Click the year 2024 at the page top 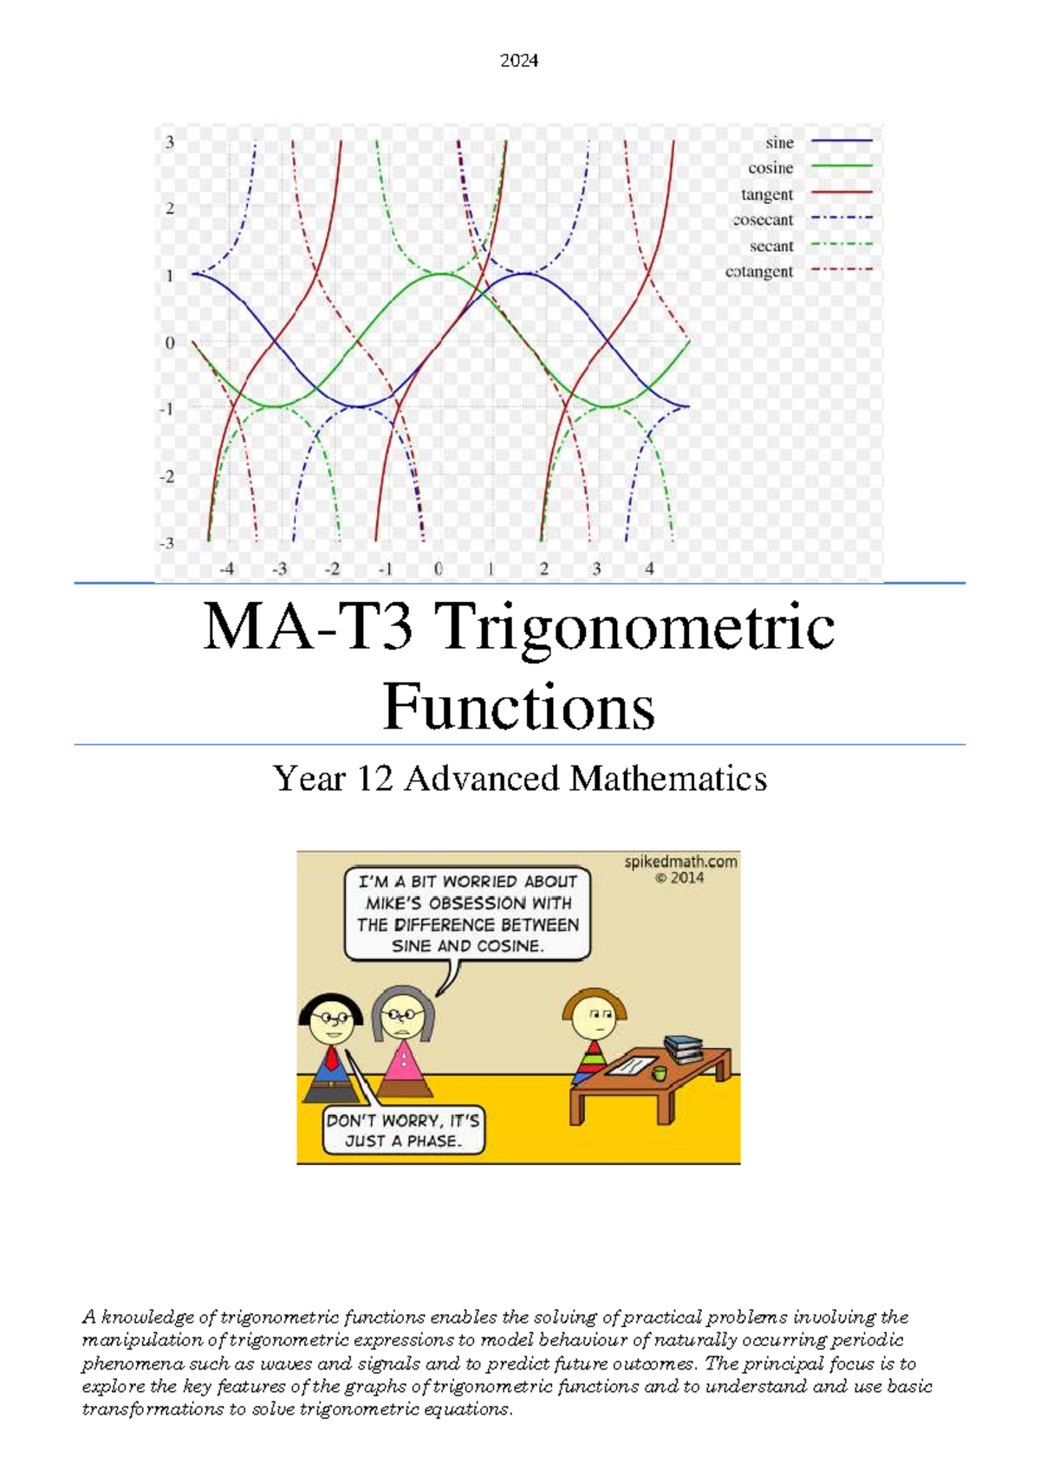(519, 61)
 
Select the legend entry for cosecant (764, 220)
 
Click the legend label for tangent (767, 194)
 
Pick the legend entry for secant (771, 246)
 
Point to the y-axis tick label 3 (170, 142)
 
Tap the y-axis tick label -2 (167, 476)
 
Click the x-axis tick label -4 (226, 569)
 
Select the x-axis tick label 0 (439, 569)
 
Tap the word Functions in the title (518, 707)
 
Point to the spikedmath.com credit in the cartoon (680, 862)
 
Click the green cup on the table (660, 1073)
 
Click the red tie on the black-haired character (332, 1058)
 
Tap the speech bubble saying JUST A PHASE (402, 1130)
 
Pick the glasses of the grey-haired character (403, 1013)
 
